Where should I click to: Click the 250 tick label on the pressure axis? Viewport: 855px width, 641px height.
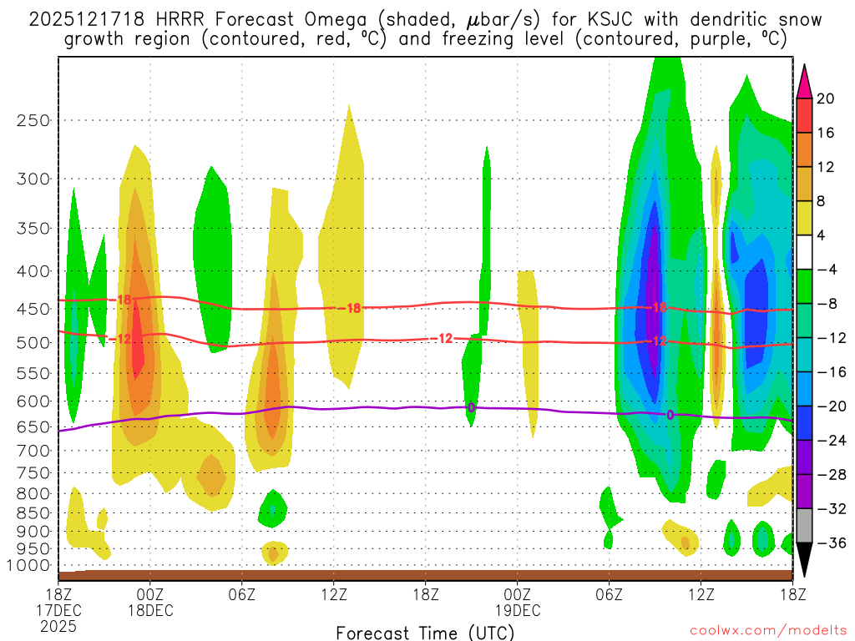pos(33,120)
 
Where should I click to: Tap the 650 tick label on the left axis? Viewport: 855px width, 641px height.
pos(33,426)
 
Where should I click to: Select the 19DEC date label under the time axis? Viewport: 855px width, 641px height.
pos(517,610)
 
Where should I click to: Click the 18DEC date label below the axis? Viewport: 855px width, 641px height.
pos(149,610)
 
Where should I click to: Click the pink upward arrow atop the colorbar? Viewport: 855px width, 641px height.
pos(804,81)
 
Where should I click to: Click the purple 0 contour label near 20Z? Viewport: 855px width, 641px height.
pos(471,407)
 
